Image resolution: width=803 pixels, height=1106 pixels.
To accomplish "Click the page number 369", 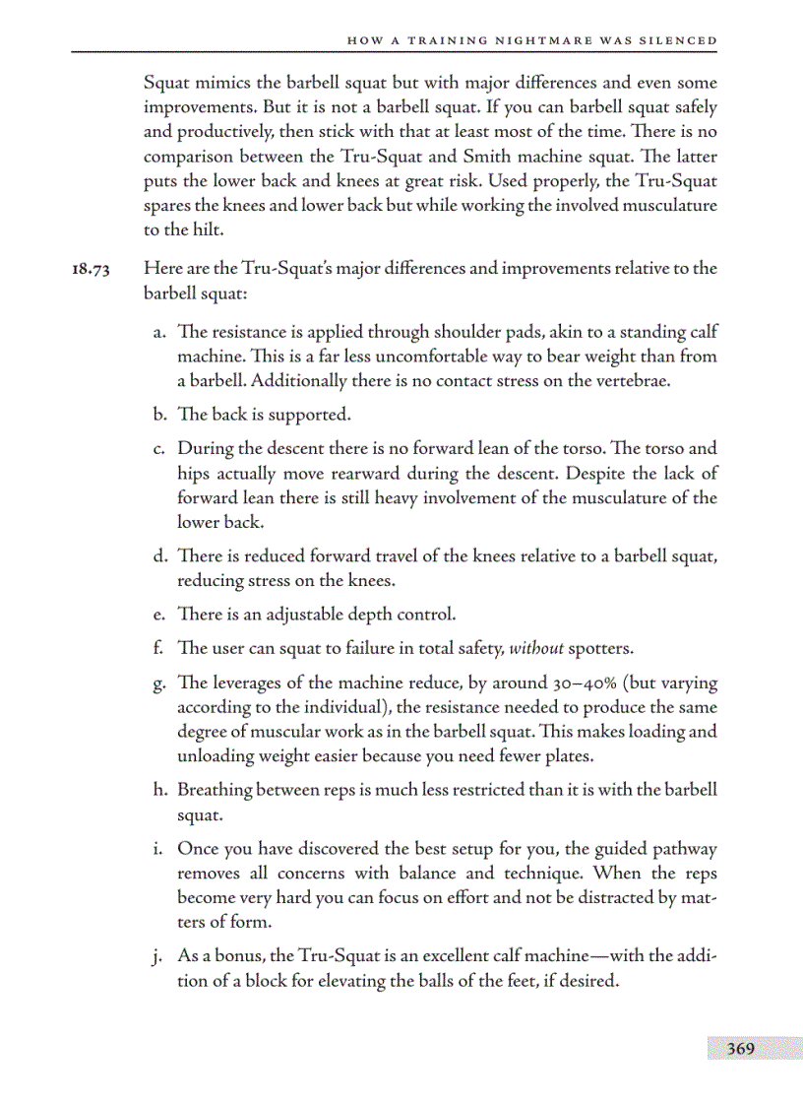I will pyautogui.click(x=740, y=1049).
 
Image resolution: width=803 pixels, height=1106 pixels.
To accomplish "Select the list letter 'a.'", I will pyautogui.click(x=159, y=333).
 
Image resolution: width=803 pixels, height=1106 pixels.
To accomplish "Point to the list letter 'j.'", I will pyautogui.click(x=160, y=955).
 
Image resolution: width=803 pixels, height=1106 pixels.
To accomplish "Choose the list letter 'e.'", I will pyautogui.click(x=159, y=615).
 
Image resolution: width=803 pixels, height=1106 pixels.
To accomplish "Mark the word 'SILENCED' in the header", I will pyautogui.click(x=679, y=40).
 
